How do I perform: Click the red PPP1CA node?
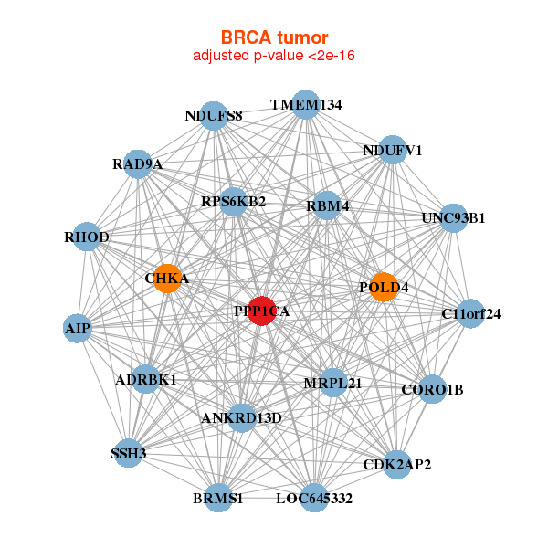[x=262, y=311]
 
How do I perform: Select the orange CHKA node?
[x=166, y=279]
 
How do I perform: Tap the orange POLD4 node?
[x=384, y=287]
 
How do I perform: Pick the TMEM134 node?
[x=306, y=105]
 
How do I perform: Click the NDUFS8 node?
[x=213, y=116]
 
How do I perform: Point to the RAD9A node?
[x=137, y=164]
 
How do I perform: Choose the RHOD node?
[x=88, y=237]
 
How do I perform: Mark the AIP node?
[x=77, y=328]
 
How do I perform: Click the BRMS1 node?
[x=218, y=499]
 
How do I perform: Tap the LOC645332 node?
[x=313, y=499]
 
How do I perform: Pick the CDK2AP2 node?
[x=396, y=464]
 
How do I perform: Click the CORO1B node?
[x=432, y=390]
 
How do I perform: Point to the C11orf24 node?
[x=470, y=314]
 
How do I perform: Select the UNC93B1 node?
[x=453, y=218]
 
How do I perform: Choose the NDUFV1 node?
[x=392, y=151]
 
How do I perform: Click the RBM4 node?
[x=328, y=205]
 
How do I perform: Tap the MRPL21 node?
[x=332, y=383]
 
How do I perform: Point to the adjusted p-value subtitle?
[x=273, y=56]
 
